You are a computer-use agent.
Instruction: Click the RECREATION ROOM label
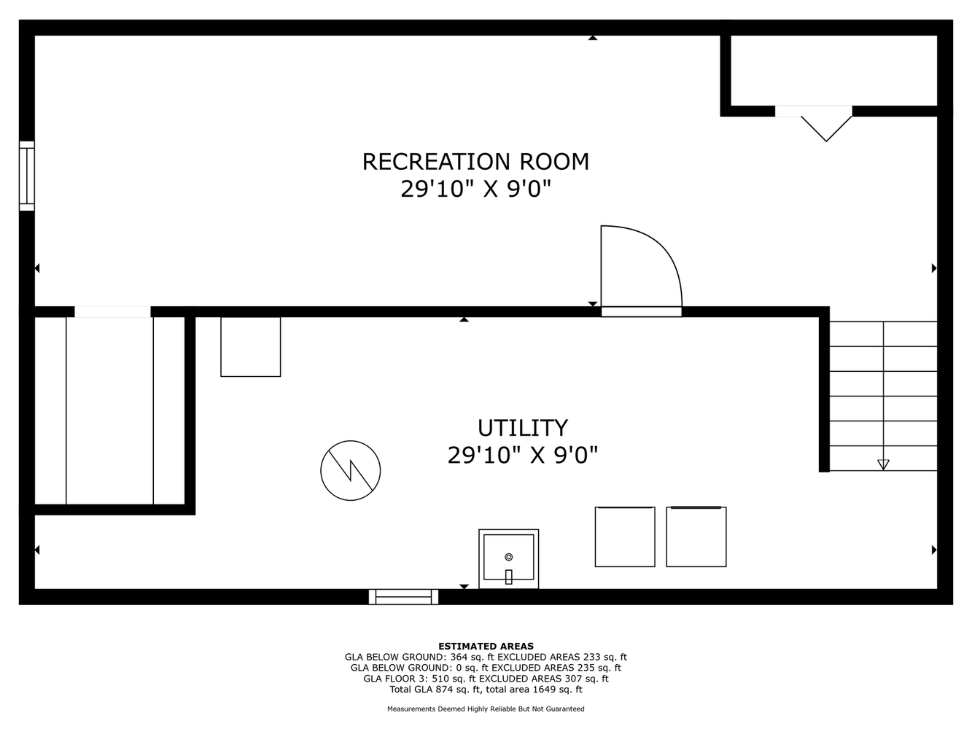click(475, 162)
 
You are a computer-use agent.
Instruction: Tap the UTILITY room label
click(523, 428)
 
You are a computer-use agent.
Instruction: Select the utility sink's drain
click(509, 557)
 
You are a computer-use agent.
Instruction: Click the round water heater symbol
click(350, 470)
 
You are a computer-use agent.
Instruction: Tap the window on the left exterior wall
click(26, 176)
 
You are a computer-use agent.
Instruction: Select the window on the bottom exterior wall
click(403, 596)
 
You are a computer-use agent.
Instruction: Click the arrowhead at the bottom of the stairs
click(884, 465)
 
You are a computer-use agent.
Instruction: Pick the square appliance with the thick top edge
click(696, 537)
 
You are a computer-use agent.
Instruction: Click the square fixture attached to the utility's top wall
click(251, 346)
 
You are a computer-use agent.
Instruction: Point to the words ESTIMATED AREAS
click(486, 646)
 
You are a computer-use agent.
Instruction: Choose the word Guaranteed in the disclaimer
click(565, 709)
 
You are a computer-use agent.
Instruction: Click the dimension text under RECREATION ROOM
click(475, 189)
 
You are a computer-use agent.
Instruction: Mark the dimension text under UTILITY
click(523, 455)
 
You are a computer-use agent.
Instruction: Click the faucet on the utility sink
click(509, 577)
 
